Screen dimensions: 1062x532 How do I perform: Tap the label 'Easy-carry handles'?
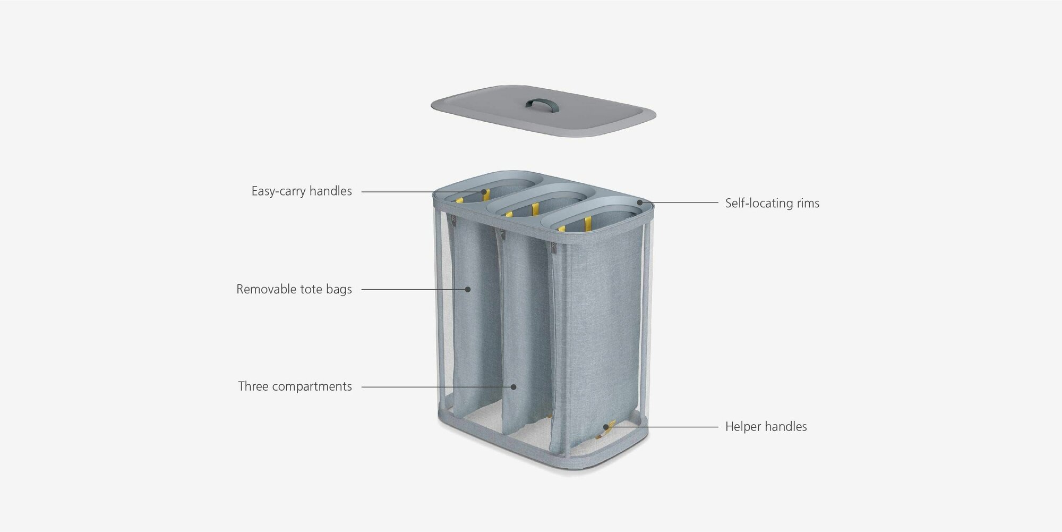302,191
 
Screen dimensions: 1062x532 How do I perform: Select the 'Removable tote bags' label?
294,289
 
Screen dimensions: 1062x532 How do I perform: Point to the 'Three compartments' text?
295,386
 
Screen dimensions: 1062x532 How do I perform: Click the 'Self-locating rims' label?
772,203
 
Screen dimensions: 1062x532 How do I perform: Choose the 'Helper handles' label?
766,426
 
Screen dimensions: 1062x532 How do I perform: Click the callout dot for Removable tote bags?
468,289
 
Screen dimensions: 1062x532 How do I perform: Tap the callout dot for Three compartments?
514,387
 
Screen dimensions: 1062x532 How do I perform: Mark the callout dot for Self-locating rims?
640,202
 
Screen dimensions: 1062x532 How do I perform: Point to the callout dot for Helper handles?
606,426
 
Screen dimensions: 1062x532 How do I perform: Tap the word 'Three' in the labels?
253,386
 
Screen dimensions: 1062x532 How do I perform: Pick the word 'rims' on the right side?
808,203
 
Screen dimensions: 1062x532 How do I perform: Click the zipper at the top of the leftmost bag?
452,219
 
